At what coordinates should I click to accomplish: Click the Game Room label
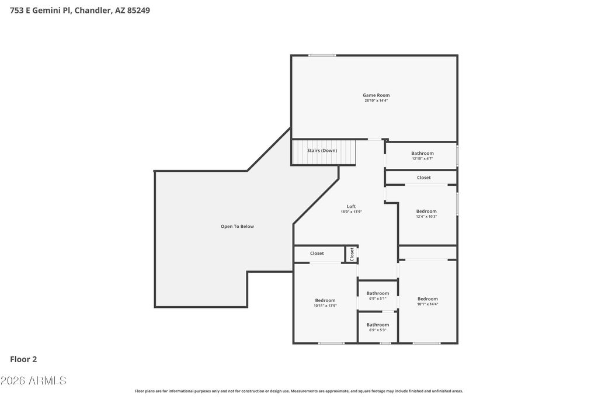376,95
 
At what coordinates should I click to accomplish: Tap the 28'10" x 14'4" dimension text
376,100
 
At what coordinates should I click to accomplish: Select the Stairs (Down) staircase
324,152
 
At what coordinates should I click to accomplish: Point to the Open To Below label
237,227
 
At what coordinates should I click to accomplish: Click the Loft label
351,207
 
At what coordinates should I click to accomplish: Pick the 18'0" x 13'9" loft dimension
351,211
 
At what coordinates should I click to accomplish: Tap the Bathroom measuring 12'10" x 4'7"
422,155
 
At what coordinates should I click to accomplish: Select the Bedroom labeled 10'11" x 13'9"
325,303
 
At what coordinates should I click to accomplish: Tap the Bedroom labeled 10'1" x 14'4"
427,301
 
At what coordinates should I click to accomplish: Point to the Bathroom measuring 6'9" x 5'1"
378,296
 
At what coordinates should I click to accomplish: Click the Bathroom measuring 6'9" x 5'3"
378,327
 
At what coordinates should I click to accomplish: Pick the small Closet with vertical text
352,254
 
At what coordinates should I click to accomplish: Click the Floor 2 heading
23,359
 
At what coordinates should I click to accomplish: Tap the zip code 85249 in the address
138,11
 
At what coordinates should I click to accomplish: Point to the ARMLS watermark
33,381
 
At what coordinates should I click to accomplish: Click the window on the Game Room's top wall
322,55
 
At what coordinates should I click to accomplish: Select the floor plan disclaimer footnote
298,391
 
